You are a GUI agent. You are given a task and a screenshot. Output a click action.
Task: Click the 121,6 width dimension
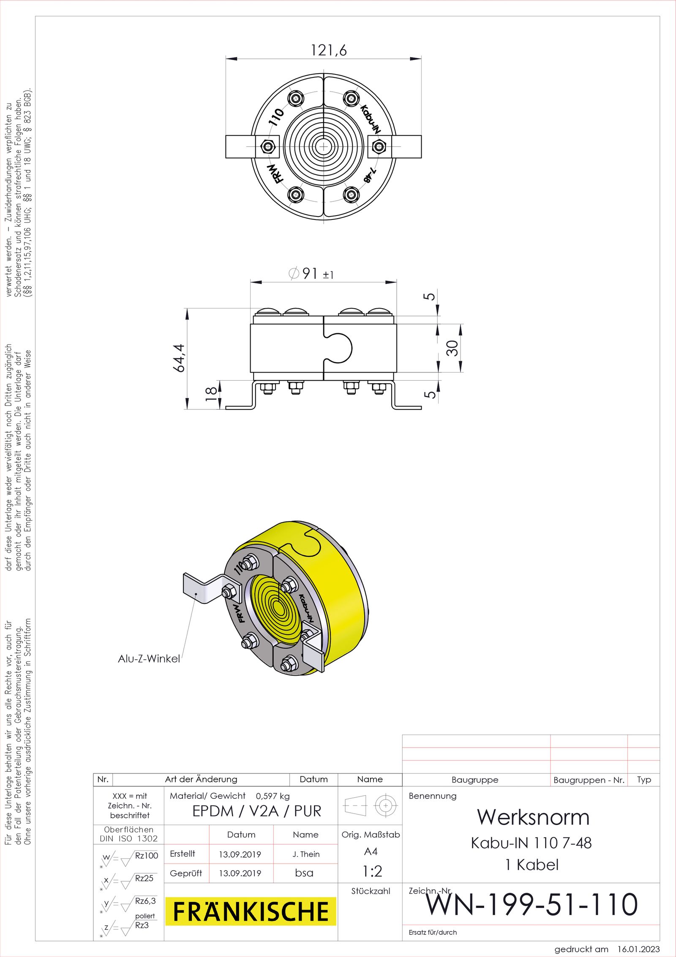329,50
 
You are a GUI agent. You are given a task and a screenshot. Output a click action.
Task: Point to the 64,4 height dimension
179,358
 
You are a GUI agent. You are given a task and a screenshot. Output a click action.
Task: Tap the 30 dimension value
452,348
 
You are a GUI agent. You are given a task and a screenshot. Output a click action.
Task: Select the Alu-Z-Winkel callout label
149,658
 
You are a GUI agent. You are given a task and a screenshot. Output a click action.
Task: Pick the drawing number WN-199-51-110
532,905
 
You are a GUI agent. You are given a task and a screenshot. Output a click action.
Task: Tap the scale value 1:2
372,871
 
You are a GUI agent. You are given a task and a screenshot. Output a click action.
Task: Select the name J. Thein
306,854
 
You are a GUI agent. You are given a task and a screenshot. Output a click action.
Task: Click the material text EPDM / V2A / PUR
257,811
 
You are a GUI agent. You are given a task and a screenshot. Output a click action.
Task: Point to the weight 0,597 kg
273,796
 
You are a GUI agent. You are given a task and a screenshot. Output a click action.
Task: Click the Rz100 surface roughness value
146,856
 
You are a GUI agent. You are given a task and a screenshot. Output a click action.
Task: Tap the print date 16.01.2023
638,949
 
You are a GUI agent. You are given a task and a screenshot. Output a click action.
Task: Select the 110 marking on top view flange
277,117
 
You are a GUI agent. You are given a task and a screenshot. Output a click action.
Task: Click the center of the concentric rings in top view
323,146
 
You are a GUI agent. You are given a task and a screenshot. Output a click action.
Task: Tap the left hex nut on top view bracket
267,147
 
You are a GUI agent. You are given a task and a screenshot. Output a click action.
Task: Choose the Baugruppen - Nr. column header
589,780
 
